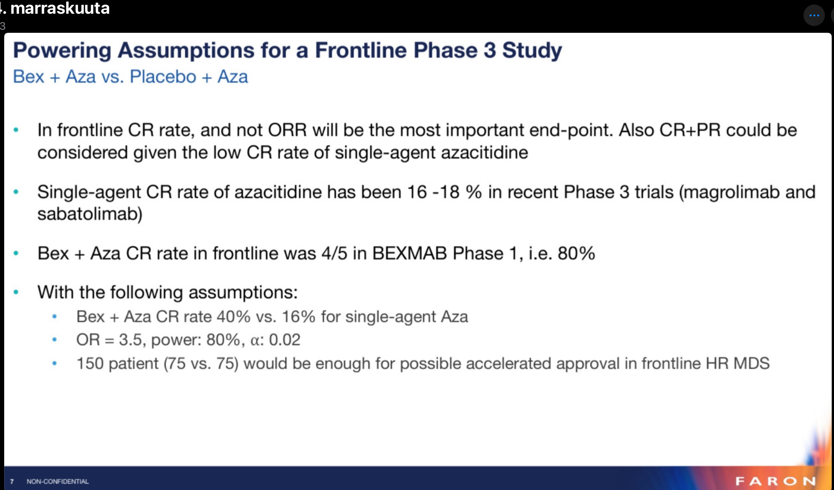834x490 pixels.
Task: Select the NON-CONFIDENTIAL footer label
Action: pyautogui.click(x=58, y=482)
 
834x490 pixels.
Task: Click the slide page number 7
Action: pyautogui.click(x=12, y=482)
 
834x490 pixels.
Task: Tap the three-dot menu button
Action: pyautogui.click(x=814, y=16)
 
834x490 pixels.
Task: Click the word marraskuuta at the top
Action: pyautogui.click(x=60, y=8)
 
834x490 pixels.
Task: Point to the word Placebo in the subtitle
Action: pyautogui.click(x=163, y=77)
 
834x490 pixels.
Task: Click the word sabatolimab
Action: pyautogui.click(x=87, y=214)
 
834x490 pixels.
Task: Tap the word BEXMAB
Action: pyautogui.click(x=409, y=254)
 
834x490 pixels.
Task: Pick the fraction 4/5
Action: pyautogui.click(x=334, y=254)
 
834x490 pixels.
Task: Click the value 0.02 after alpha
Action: pyautogui.click(x=285, y=340)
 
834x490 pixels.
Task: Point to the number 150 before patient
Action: pyautogui.click(x=90, y=363)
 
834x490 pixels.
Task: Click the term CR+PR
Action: pyautogui.click(x=690, y=130)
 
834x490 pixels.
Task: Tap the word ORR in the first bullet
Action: pyautogui.click(x=287, y=130)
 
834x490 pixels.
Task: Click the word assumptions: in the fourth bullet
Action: pyautogui.click(x=243, y=292)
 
